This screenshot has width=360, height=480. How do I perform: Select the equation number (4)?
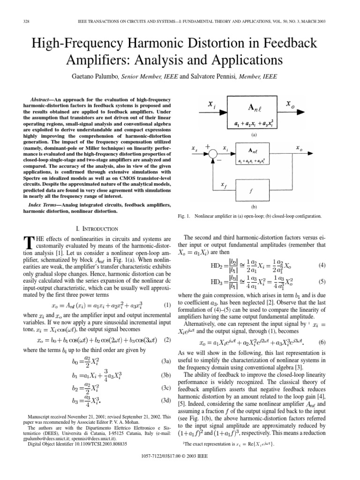(335, 265)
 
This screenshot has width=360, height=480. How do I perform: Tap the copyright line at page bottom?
(180, 469)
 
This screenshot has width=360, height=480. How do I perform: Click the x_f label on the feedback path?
(223, 185)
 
